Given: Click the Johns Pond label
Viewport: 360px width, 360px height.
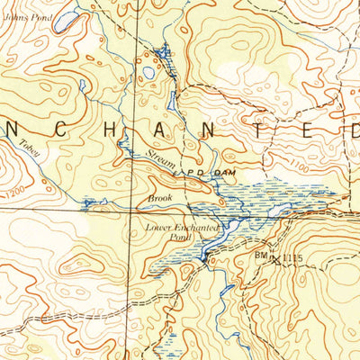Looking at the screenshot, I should (x=21, y=16).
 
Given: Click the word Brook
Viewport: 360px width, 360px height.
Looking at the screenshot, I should (x=159, y=197).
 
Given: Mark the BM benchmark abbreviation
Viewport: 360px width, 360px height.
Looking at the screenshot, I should (x=260, y=256).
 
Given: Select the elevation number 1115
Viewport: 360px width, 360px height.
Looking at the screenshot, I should (x=287, y=259).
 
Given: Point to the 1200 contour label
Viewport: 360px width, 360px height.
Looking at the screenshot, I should (x=14, y=193).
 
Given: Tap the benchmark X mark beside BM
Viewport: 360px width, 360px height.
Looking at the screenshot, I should (x=274, y=259).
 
